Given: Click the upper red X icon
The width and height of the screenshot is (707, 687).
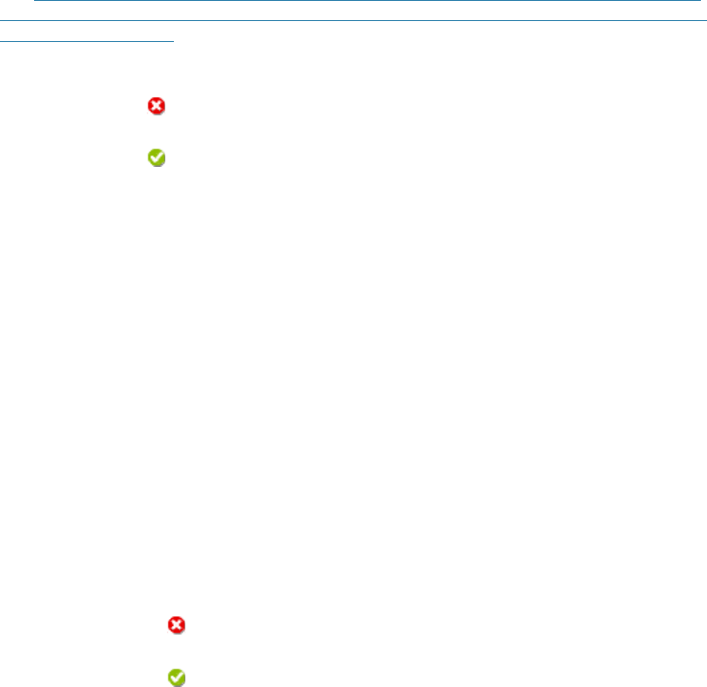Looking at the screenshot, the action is pyautogui.click(x=156, y=106).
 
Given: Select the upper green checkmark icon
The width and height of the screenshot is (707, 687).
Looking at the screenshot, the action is pyautogui.click(x=156, y=157).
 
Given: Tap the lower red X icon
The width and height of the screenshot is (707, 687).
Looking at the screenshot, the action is pyautogui.click(x=177, y=625).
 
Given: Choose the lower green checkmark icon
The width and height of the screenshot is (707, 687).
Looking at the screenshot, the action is pyautogui.click(x=177, y=677).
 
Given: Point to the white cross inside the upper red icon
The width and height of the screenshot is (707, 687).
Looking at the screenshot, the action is pyautogui.click(x=156, y=106).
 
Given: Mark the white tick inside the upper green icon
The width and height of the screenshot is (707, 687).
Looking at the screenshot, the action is pyautogui.click(x=156, y=157).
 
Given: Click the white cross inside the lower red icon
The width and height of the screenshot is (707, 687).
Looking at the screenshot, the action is pyautogui.click(x=177, y=625).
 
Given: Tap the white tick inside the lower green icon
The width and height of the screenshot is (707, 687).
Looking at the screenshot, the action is pyautogui.click(x=177, y=677).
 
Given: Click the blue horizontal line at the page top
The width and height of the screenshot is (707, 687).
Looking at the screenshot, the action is pyautogui.click(x=367, y=2).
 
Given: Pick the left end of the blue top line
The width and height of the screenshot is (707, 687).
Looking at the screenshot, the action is pyautogui.click(x=35, y=2).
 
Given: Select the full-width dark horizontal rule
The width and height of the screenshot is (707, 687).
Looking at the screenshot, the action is pyautogui.click(x=353, y=20).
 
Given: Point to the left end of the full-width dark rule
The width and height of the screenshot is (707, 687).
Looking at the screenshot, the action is pyautogui.click(x=2, y=20).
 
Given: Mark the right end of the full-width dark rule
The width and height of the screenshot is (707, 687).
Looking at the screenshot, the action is pyautogui.click(x=704, y=20).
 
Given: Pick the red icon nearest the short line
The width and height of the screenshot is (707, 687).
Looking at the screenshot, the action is pyautogui.click(x=156, y=106).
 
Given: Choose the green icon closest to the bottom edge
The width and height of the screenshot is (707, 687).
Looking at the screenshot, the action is pyautogui.click(x=177, y=677).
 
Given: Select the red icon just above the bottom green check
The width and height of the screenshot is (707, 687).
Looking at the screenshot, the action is pyautogui.click(x=177, y=625).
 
